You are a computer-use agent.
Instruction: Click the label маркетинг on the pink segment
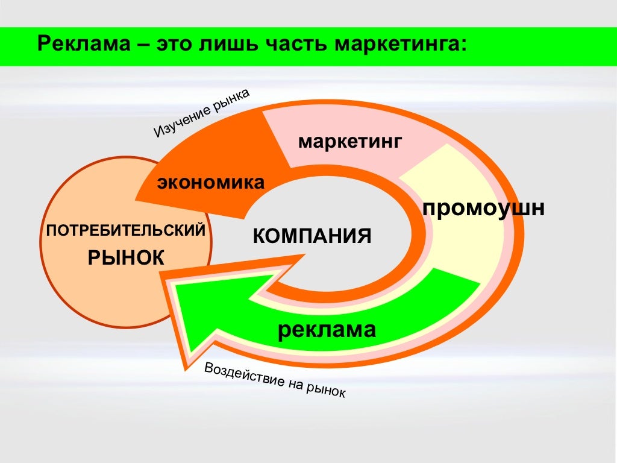tap(349, 143)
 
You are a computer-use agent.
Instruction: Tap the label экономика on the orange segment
tap(211, 182)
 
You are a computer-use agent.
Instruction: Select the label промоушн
tap(483, 209)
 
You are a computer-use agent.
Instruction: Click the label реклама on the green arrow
tap(327, 329)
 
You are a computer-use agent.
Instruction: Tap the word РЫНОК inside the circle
tap(126, 258)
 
